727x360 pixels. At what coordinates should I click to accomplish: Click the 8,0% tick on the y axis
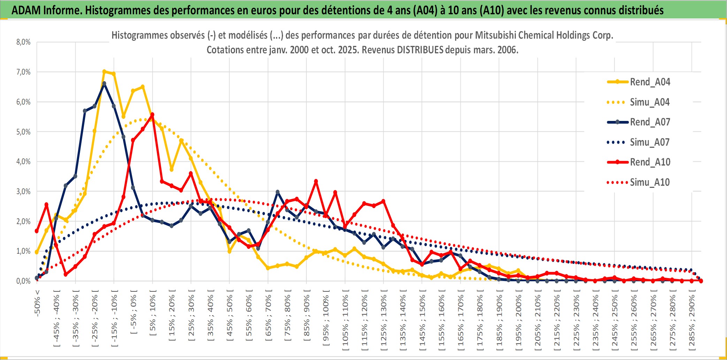coord(23,42)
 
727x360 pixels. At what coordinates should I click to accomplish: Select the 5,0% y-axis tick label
coord(23,132)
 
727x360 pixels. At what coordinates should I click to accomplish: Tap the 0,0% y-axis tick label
coord(23,281)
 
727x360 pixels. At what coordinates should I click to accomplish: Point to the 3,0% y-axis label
coord(23,191)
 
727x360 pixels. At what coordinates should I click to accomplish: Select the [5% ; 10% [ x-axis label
coord(153,312)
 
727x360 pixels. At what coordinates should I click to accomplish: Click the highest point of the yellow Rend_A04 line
coord(104,71)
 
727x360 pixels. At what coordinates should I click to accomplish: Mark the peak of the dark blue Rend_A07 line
coord(104,84)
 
